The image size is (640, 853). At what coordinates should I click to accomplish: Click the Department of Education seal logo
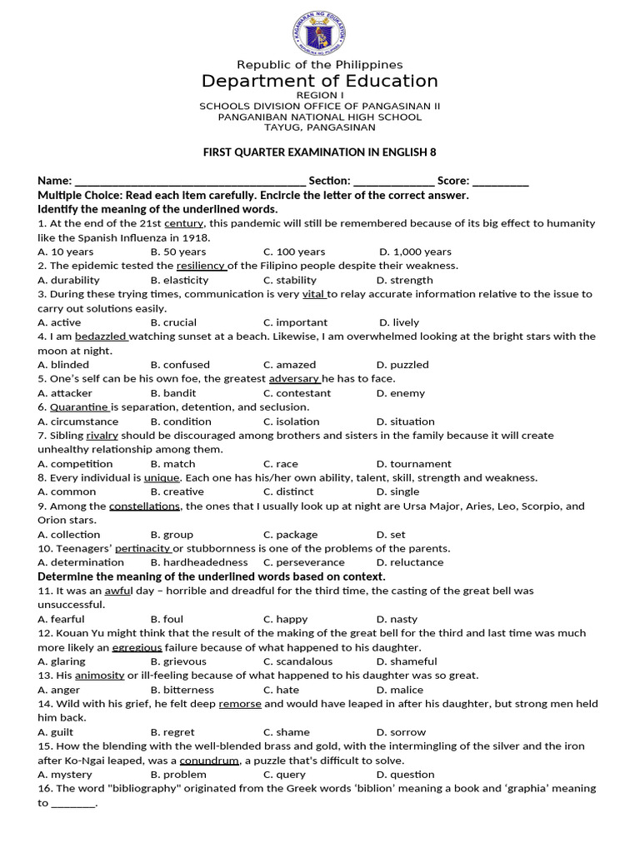coord(319,33)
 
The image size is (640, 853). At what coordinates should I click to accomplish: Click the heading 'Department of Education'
coord(319,81)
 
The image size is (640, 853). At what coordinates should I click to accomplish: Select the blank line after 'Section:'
coord(393,181)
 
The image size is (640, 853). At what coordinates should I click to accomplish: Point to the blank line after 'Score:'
coord(500,181)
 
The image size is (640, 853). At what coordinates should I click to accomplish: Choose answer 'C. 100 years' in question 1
coord(294,252)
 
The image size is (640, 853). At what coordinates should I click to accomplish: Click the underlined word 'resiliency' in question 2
coord(201,266)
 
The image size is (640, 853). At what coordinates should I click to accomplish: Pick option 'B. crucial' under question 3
coord(173,322)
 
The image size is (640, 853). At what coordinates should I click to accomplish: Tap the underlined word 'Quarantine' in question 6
coord(79,407)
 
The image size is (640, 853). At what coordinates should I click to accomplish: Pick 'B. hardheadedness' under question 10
coord(199,562)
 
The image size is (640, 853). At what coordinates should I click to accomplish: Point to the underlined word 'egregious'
coord(137,647)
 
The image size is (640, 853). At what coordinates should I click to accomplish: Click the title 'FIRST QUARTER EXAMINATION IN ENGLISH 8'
coord(319,152)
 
